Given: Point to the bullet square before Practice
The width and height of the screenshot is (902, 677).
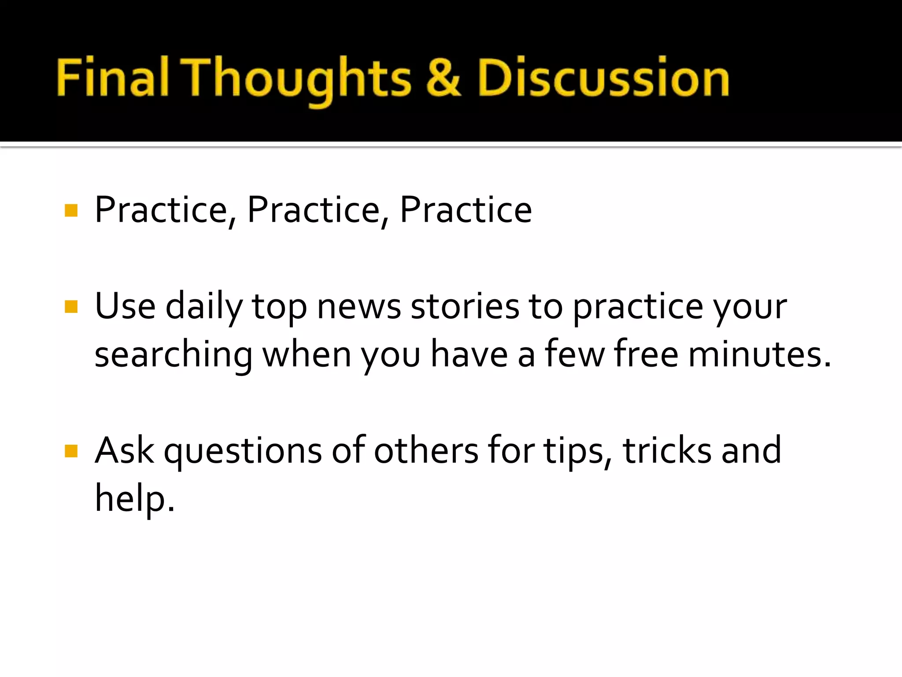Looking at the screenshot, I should pos(71,211).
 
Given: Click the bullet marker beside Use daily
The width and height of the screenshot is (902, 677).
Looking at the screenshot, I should pos(71,307).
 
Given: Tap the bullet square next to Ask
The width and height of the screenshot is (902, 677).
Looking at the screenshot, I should pos(71,451).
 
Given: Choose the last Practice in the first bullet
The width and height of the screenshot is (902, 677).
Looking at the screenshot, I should pos(466,210).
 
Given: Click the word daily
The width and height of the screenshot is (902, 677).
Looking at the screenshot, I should pos(204,307).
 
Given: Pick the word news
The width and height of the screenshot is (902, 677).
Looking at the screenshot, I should pos(359,307).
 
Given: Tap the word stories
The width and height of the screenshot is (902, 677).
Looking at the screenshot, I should pos(465,307).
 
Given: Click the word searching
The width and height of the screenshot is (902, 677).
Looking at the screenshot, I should pos(174,355).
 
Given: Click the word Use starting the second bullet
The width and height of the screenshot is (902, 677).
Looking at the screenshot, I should pos(125,307).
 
